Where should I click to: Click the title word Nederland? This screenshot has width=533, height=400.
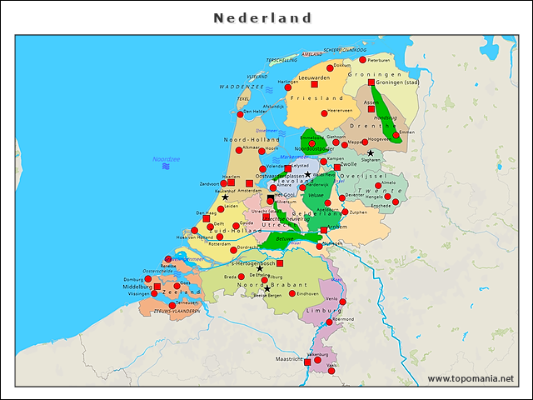(x=263, y=17)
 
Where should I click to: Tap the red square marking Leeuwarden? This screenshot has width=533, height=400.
(x=315, y=84)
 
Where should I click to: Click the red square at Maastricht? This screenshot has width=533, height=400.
(x=307, y=362)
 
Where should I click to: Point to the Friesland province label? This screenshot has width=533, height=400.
(x=316, y=98)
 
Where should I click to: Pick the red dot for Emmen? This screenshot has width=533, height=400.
(x=396, y=134)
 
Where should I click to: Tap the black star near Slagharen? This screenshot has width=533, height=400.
(x=371, y=153)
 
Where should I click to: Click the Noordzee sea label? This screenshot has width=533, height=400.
(x=166, y=158)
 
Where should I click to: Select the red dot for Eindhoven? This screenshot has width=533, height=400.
(x=291, y=293)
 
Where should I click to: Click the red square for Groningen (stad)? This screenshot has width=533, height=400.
(x=371, y=82)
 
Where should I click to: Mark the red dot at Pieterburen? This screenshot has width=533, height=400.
(x=362, y=60)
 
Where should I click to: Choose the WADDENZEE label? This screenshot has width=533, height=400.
(x=241, y=87)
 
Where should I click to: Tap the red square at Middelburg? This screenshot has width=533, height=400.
(x=157, y=286)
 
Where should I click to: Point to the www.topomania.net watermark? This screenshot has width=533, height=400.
(x=471, y=379)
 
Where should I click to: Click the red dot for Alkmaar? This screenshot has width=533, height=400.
(x=239, y=150)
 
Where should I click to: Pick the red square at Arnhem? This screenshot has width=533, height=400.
(x=324, y=229)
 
